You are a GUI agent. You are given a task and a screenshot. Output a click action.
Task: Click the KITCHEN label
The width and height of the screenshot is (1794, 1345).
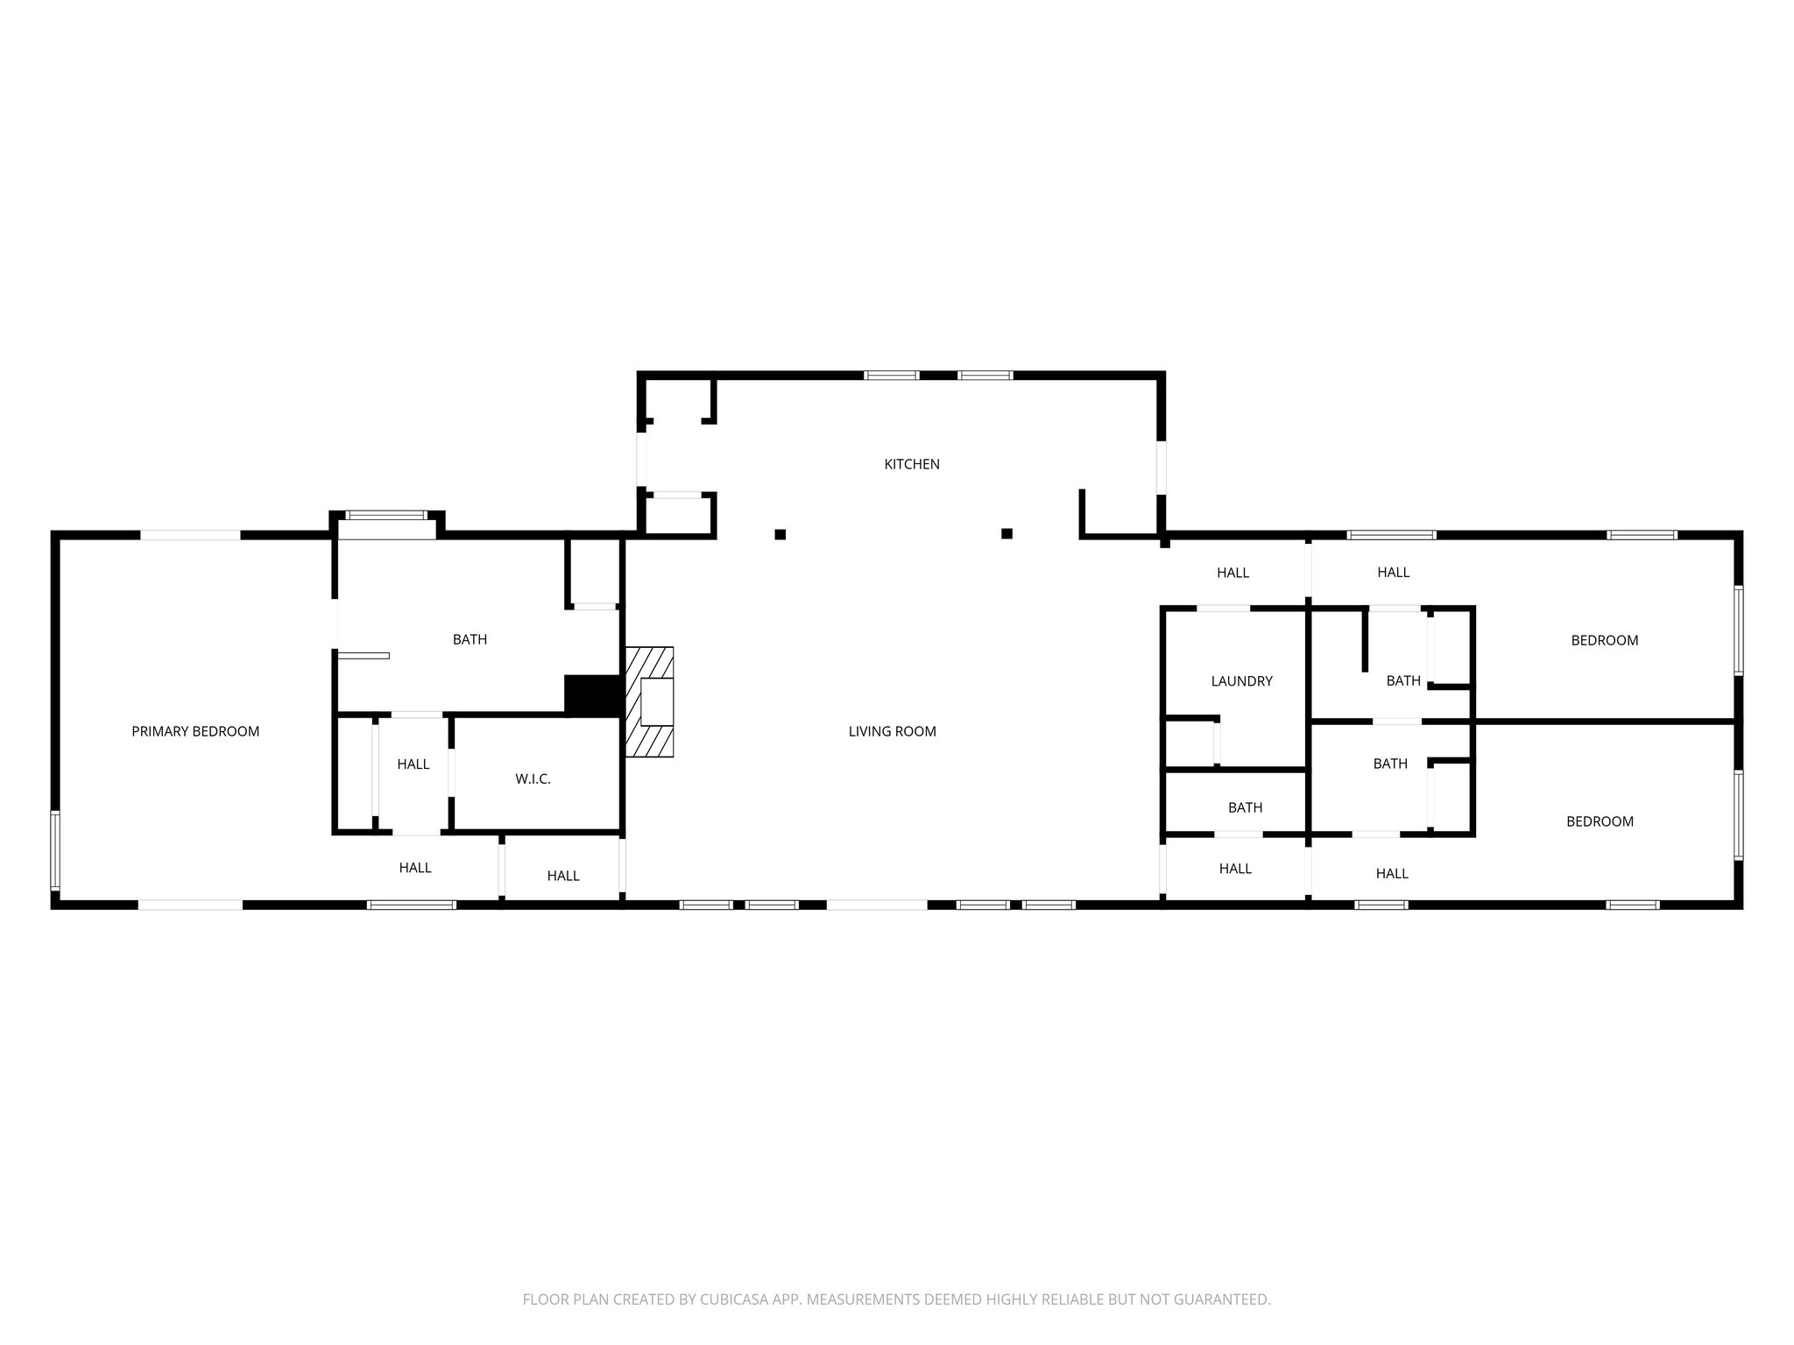click(911, 464)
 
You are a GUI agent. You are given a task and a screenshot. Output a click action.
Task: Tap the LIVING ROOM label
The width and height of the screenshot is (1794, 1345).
click(892, 731)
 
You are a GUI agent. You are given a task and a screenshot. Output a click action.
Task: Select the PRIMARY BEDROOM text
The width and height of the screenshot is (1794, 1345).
click(195, 731)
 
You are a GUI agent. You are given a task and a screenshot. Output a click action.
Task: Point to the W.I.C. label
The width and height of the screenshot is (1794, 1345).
click(533, 778)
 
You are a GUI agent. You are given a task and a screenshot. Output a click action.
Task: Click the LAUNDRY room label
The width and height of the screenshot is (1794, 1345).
click(1241, 680)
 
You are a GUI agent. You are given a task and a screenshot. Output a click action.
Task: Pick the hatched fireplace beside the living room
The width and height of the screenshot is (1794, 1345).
click(650, 701)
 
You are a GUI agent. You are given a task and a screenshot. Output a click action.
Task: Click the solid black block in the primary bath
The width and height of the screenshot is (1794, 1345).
click(593, 695)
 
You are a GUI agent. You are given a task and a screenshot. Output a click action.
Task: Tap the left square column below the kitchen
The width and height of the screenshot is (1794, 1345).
click(780, 534)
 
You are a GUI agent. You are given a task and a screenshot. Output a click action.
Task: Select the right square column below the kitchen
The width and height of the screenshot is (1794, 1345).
click(1006, 533)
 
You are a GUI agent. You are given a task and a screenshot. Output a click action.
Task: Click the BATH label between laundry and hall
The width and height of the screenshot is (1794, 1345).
click(1245, 807)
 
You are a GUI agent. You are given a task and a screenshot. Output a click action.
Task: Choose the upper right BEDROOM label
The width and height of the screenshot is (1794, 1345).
click(1604, 640)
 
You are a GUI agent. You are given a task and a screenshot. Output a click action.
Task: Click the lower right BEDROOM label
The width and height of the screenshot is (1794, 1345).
click(1600, 821)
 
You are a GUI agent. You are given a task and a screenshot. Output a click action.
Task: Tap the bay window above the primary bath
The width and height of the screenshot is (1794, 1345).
click(386, 516)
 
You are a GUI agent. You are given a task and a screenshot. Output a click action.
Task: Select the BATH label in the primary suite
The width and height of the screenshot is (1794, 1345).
click(470, 639)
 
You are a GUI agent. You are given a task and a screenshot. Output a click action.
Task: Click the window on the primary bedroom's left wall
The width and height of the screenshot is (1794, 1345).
click(54, 850)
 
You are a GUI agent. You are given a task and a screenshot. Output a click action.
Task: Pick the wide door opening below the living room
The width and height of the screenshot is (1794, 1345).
click(877, 905)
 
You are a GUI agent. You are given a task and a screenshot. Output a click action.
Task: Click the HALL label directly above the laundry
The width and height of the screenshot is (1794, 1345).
click(1232, 573)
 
